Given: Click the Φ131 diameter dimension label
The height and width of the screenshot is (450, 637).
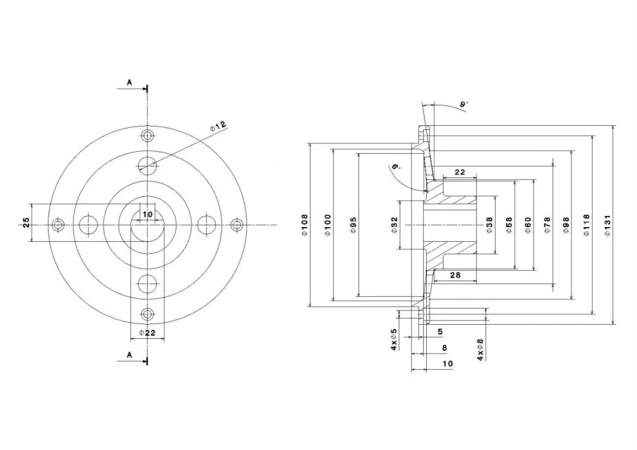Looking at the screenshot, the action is [x=607, y=226].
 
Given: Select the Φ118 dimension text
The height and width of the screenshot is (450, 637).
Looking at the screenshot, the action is [x=586, y=226].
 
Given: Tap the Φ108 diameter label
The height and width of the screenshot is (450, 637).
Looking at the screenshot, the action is [x=305, y=225].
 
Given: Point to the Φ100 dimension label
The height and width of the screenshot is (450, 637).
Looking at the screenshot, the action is [x=328, y=225].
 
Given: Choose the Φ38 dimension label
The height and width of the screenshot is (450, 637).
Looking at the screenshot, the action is [x=489, y=225].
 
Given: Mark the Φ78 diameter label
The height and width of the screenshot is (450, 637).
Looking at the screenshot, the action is [x=547, y=225].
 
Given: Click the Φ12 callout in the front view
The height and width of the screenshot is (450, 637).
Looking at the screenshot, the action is [x=218, y=126].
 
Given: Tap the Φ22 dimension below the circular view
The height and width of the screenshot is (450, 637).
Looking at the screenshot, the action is [x=147, y=333].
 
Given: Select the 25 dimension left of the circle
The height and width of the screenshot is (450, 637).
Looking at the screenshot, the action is [x=26, y=223].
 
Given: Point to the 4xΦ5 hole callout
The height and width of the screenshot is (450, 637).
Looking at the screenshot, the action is [x=394, y=340].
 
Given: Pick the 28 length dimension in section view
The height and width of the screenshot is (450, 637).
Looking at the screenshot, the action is [x=456, y=275].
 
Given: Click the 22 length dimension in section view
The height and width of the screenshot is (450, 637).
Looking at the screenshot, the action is [x=459, y=172].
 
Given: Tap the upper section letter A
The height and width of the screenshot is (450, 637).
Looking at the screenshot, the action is [x=129, y=82].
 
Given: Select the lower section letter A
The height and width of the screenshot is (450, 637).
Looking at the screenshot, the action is [x=129, y=355].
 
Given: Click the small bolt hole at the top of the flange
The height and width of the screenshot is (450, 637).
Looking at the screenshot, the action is [x=147, y=136].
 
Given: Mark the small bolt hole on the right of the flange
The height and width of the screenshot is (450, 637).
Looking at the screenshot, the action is [x=236, y=224].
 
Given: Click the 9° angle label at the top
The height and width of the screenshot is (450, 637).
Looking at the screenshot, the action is [x=463, y=104].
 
